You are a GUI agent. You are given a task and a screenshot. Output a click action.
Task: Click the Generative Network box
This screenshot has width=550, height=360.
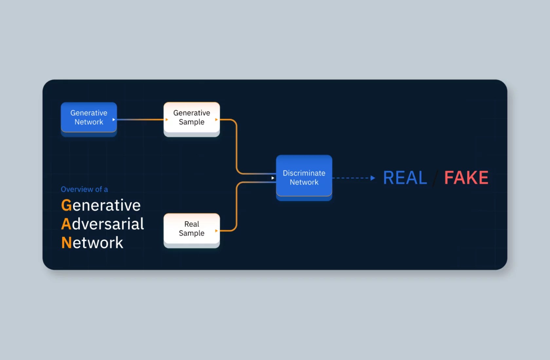(89, 117)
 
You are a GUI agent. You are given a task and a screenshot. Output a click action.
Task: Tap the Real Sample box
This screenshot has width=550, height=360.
(192, 229)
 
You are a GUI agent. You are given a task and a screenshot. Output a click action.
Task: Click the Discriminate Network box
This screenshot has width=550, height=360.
(304, 177)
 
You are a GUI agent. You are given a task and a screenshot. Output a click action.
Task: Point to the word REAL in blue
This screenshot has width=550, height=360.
(405, 178)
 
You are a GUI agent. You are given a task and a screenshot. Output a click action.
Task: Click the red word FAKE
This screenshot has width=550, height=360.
(466, 178)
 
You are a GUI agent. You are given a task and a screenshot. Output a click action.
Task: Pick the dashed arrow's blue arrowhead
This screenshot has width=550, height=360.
(373, 178)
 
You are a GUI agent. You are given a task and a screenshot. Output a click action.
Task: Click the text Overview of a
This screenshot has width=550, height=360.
(84, 189)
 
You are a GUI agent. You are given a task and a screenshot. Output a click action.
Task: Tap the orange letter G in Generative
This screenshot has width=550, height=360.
(66, 206)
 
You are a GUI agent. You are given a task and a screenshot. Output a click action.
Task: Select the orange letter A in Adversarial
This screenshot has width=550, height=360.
(66, 224)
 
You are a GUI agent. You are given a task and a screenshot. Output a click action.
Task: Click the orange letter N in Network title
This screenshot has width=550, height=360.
(66, 243)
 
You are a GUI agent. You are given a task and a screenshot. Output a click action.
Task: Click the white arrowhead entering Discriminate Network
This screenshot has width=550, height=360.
(273, 178)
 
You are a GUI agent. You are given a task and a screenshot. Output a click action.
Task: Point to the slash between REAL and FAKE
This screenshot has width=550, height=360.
(435, 178)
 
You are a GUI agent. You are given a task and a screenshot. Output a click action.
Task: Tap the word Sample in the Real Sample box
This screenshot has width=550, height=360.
(192, 233)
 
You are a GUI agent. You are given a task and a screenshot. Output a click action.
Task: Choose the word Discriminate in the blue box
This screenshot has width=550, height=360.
(304, 173)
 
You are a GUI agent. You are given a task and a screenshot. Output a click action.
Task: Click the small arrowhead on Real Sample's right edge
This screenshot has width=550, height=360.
(216, 231)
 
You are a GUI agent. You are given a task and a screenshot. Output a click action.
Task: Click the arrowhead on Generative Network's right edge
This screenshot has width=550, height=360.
(114, 119)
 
